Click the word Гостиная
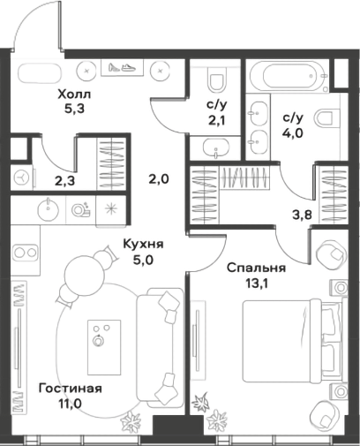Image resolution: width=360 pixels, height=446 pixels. click(71, 389)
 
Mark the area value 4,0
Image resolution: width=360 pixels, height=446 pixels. click(293, 134)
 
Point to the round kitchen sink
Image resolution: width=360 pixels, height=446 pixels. click(48, 208)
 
